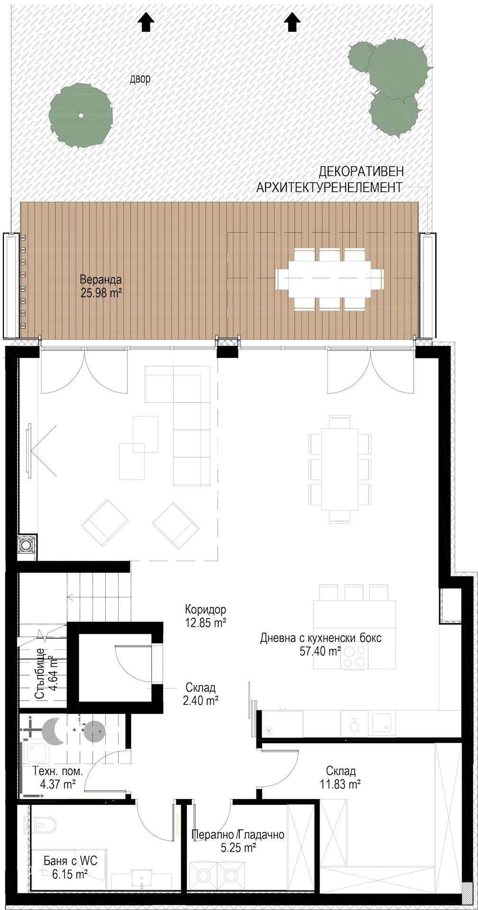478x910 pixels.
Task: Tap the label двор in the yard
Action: click(x=140, y=79)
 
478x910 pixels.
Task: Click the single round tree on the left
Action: click(x=81, y=115)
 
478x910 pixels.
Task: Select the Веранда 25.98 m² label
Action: click(x=101, y=286)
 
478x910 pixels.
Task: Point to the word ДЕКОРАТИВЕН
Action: click(x=361, y=171)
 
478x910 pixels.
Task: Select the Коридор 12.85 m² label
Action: click(x=205, y=615)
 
